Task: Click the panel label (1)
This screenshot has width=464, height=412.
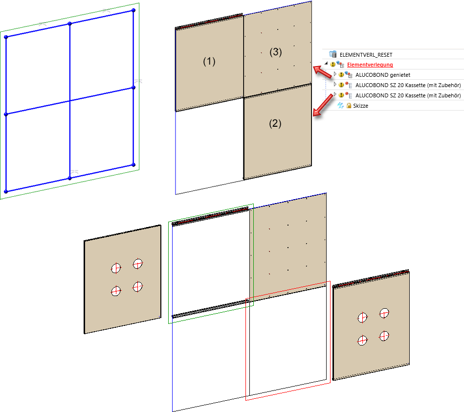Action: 209,61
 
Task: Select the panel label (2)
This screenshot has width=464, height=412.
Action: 275,123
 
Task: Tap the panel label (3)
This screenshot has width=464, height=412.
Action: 275,52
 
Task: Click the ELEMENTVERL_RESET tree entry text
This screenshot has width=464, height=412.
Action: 366,55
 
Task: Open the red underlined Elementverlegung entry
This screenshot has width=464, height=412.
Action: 370,65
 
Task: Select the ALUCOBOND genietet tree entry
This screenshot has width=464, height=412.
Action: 383,75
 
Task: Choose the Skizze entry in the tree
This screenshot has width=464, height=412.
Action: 360,106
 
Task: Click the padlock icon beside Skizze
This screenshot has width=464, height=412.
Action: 349,105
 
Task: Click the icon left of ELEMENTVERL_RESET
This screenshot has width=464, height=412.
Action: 333,54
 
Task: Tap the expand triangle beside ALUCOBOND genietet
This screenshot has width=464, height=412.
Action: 335,74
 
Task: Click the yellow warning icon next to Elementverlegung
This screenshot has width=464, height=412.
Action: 332,64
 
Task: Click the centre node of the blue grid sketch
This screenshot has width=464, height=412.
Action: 70,101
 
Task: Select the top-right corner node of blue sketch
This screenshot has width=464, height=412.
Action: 133,10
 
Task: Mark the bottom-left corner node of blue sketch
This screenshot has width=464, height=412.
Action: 6,192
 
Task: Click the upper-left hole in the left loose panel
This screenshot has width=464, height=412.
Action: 116,268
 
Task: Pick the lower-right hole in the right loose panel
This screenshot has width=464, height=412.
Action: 384,336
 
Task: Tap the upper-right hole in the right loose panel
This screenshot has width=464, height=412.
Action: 384,313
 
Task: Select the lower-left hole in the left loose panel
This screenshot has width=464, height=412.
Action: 116,291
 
